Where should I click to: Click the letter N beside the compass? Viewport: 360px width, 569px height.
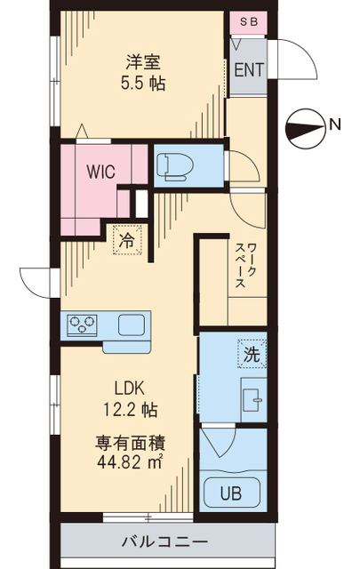click(x=335, y=125)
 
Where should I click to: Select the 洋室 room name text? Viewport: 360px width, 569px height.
click(x=138, y=63)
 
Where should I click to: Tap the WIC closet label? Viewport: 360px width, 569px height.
click(x=100, y=172)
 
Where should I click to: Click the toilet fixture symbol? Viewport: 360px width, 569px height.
click(x=172, y=165)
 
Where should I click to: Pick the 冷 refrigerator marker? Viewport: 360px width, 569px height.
click(x=126, y=239)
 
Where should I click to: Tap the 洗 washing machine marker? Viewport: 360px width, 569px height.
click(x=251, y=354)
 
